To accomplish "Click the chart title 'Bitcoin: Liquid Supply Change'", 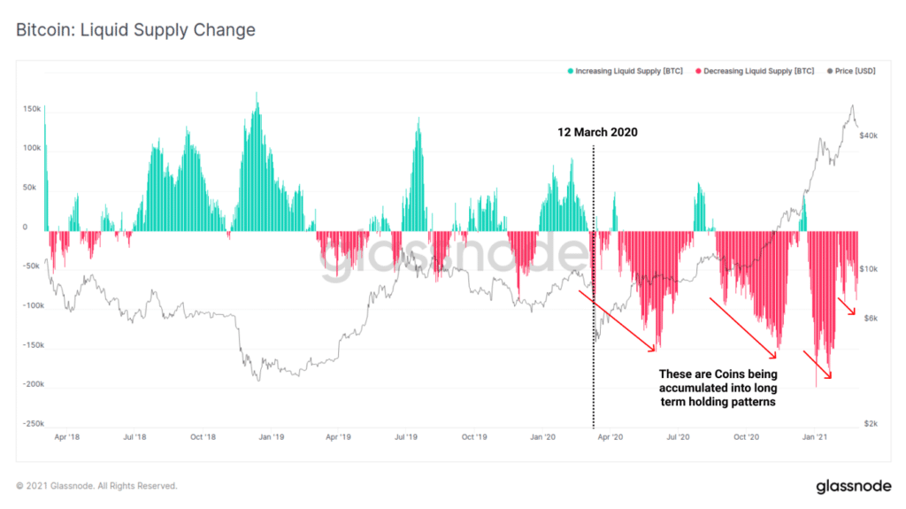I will tap(135, 30).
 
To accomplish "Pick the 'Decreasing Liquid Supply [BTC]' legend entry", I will tap(756, 71).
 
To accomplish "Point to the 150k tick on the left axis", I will tap(31, 109).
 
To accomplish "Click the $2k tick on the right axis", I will tap(871, 424).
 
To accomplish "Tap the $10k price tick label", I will tap(867, 268).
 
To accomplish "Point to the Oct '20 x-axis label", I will tap(747, 437).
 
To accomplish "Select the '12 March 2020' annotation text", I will tap(597, 132).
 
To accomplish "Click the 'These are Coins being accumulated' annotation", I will tap(718, 388).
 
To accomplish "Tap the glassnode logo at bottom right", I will tap(853, 486).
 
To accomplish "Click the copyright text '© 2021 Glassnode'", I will tap(96, 486).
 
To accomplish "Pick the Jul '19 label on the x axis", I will tap(406, 437).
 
